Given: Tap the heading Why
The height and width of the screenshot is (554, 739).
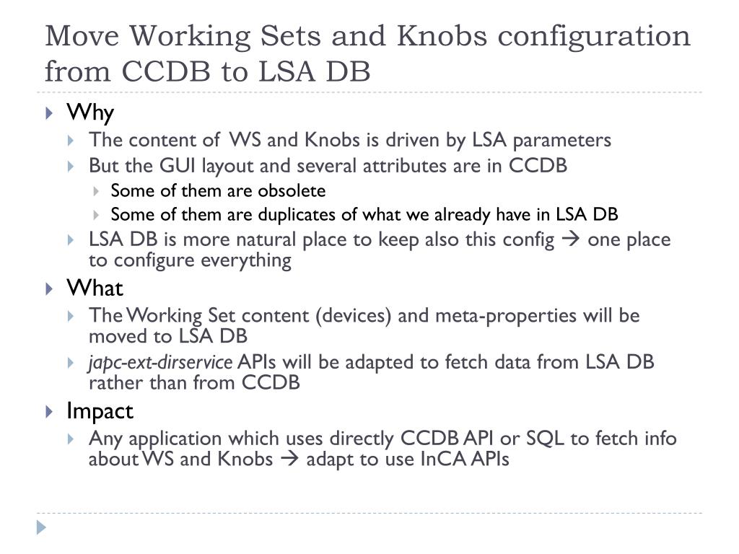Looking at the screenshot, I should point(90,113).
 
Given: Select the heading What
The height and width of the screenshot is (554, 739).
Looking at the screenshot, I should point(95,289).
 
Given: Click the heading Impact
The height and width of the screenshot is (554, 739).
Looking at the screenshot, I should point(100,411).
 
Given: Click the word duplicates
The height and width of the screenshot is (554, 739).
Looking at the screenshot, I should point(279,215).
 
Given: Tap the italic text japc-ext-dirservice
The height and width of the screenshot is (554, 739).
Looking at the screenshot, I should point(160,362).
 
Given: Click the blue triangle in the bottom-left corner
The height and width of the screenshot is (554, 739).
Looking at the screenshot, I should point(41,527).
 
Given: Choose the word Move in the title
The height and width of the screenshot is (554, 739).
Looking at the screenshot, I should point(81,36).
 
